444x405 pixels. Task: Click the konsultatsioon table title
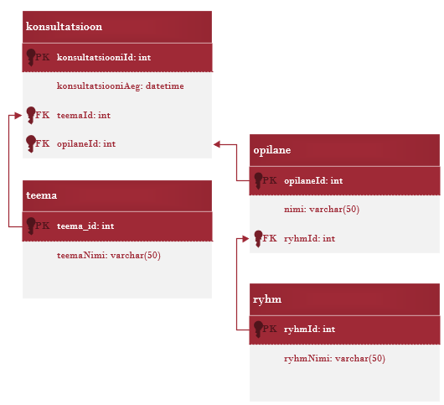tap(64, 27)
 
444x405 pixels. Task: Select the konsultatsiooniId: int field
tap(104, 58)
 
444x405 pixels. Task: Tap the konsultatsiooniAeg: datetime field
tap(121, 86)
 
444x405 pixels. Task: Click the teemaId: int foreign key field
tap(84, 116)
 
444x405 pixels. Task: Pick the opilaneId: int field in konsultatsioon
tap(86, 144)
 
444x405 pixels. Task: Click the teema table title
tap(42, 195)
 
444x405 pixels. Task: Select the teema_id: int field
tap(85, 226)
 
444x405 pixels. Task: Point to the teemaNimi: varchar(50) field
tap(109, 256)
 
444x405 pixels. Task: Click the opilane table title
tap(272, 150)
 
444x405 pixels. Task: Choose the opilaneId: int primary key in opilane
tap(313, 181)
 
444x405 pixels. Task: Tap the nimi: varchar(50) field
tap(322, 210)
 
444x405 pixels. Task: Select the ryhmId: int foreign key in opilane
tap(309, 239)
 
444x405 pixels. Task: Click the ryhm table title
tap(267, 299)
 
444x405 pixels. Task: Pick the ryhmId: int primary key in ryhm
tap(309, 329)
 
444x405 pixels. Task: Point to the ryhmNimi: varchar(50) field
tap(334, 359)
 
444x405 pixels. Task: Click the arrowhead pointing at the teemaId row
tap(18, 116)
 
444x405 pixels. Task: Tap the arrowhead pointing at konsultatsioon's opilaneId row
tap(217, 144)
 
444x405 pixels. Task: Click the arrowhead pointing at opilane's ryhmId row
tap(245, 239)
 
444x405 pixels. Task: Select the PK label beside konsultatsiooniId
tap(43, 57)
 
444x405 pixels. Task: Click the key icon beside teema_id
tap(31, 226)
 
